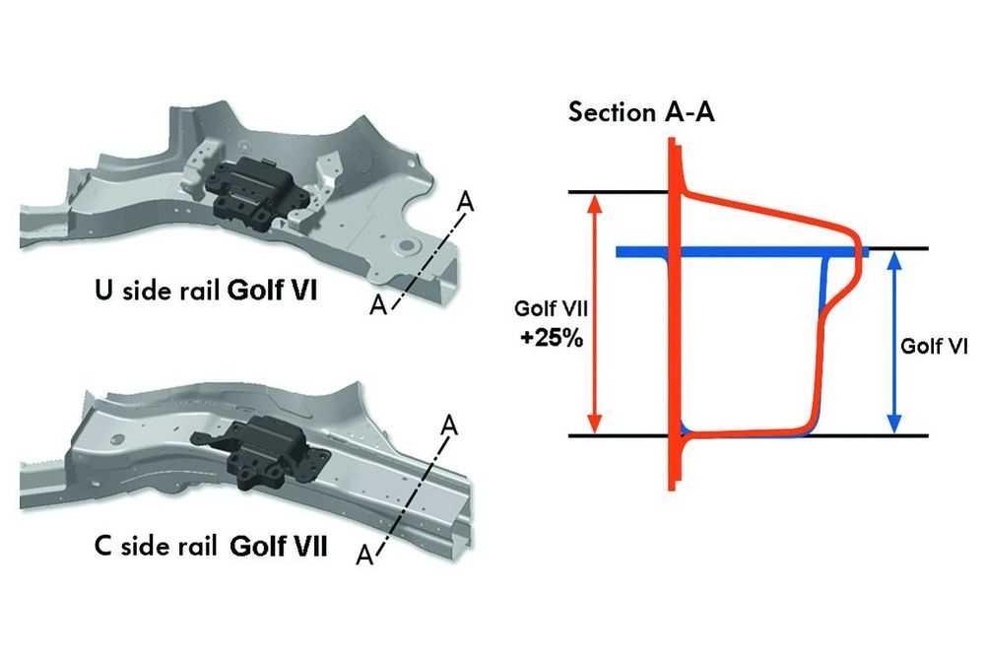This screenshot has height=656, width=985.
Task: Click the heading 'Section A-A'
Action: tap(641, 111)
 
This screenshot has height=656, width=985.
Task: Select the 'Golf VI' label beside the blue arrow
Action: tap(932, 347)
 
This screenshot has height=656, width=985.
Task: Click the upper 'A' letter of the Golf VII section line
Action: tap(449, 426)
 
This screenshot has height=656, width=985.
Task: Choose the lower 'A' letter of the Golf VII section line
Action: tap(364, 556)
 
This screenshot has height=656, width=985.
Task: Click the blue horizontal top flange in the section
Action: tap(739, 252)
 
